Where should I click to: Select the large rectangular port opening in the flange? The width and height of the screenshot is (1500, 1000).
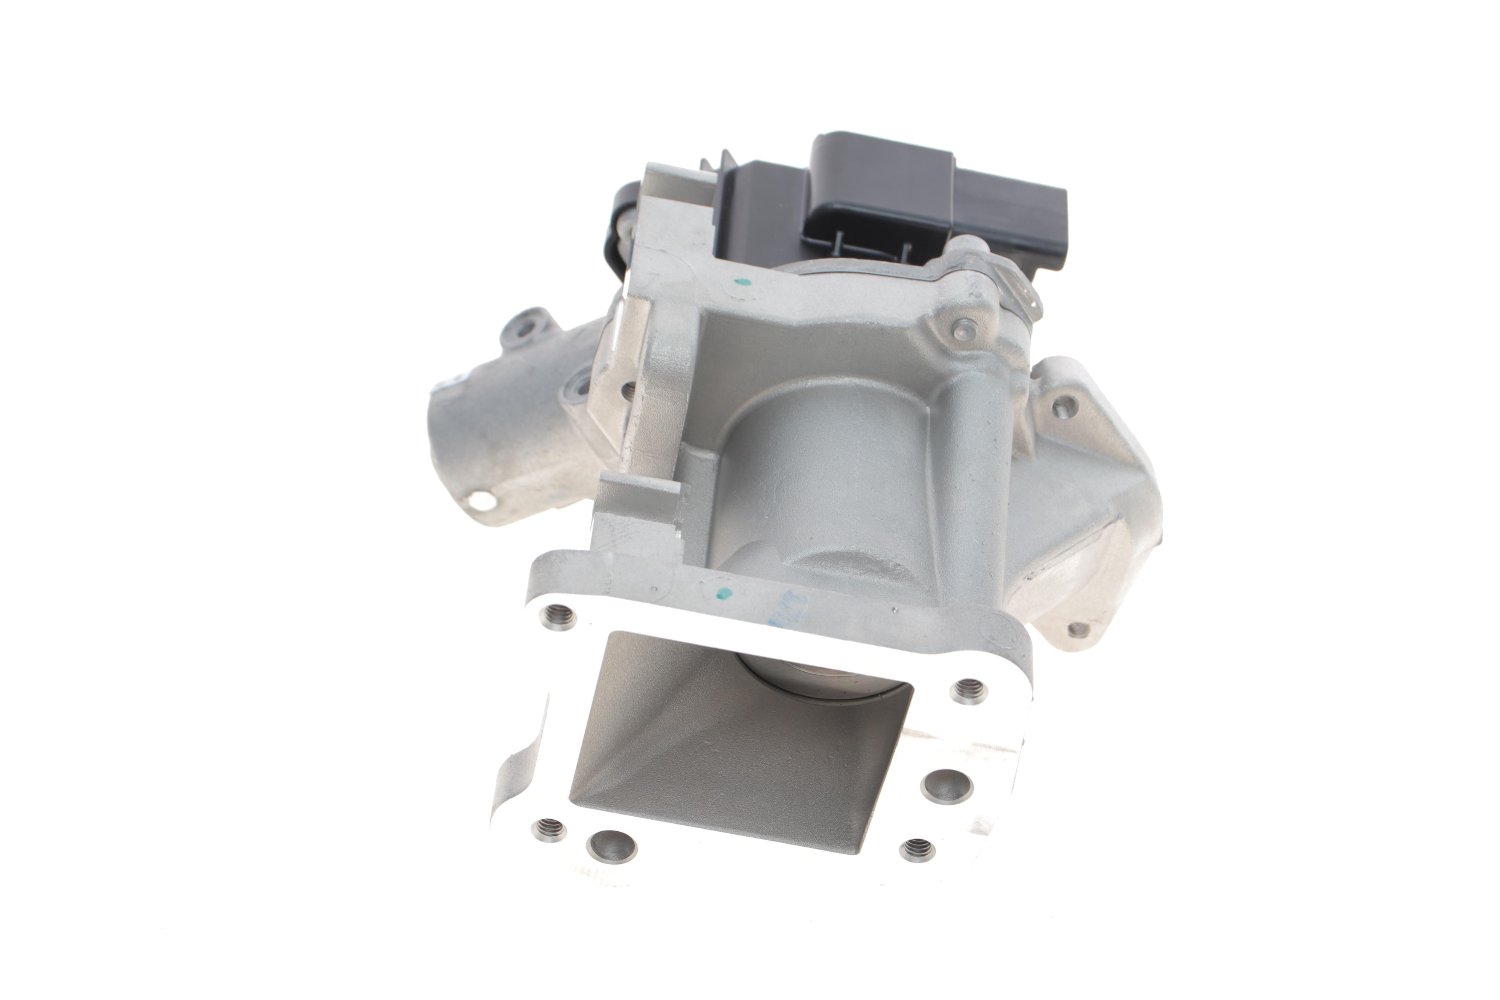tap(733, 753)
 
